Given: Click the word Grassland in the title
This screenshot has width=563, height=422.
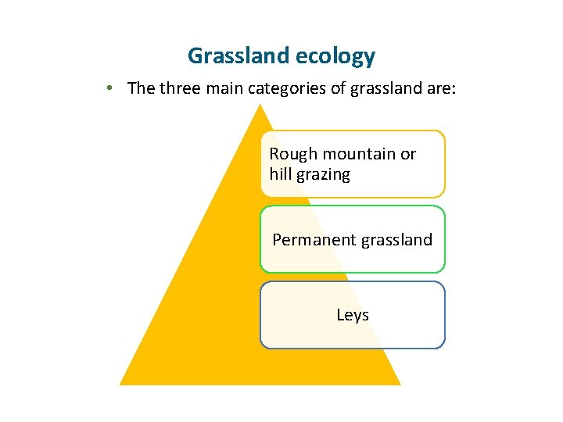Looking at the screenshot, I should (237, 56).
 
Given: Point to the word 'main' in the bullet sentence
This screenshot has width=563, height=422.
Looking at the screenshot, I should (224, 88).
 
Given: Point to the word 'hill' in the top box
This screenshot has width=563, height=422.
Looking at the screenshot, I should (278, 174).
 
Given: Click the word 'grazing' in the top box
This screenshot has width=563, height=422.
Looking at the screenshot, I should (321, 175).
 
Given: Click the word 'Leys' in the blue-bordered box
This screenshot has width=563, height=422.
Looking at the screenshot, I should (353, 315).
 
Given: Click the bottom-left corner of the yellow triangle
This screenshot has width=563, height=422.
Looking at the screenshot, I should (120, 384).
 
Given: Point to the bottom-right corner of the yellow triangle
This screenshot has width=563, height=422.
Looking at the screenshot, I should (400, 384).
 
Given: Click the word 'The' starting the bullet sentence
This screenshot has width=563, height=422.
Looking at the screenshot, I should (141, 88).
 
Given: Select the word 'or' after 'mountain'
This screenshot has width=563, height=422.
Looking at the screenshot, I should (408, 155).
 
